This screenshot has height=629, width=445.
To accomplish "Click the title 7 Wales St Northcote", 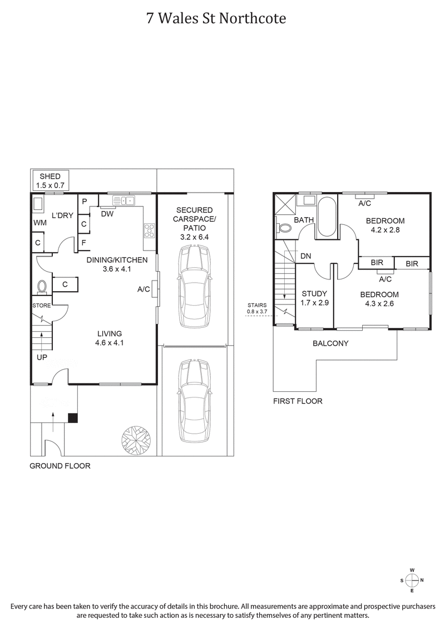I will click(x=216, y=18).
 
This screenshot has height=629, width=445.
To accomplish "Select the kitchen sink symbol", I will click(x=123, y=201).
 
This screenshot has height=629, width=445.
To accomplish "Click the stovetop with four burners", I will click(x=149, y=229).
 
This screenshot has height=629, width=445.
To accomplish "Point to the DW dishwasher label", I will click(x=107, y=214).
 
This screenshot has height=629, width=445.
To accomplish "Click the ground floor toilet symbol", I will click(x=41, y=287).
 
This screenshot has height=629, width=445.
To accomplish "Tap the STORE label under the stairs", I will click(x=41, y=306).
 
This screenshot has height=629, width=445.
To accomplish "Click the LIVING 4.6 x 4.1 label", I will click(x=109, y=338).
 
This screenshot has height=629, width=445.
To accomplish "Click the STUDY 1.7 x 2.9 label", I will click(x=314, y=298).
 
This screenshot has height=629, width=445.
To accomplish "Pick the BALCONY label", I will click(x=330, y=343).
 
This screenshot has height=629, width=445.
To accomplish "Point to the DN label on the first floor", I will click(x=305, y=256).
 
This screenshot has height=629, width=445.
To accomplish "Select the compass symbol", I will click(x=412, y=580).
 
